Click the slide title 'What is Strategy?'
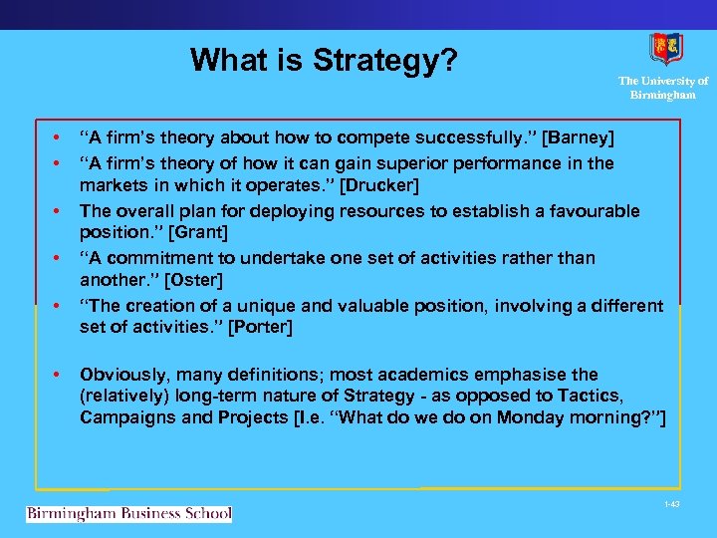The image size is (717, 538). [x=324, y=60]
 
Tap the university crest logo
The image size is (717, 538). [x=665, y=49]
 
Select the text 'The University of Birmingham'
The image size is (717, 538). [x=662, y=88]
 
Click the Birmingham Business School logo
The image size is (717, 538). [x=128, y=513]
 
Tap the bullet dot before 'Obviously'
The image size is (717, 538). [x=57, y=375]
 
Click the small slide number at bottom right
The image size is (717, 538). [x=672, y=504]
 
